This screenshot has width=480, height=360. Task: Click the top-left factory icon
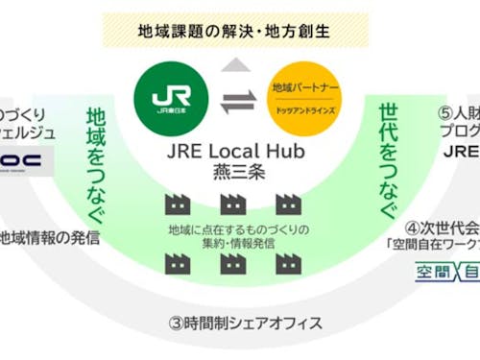point(176,204)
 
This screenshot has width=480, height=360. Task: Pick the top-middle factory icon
point(230,204)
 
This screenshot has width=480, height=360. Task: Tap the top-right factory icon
point(285,204)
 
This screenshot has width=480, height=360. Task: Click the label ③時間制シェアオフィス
point(229,322)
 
